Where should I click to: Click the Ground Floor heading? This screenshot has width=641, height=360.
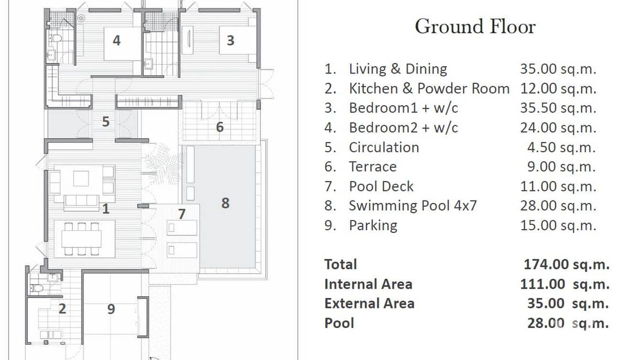coord(475,27)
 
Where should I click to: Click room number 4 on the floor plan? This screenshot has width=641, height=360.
coord(117,41)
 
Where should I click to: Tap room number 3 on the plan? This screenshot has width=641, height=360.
coord(230,41)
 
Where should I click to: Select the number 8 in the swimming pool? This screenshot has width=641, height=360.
coord(225,203)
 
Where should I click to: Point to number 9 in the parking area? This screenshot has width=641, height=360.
coord(111,309)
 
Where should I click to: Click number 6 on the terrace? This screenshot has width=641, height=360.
coord(220,127)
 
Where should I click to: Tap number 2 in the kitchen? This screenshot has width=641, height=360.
coord(63,309)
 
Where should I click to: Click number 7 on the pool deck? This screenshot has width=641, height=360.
coord(182,214)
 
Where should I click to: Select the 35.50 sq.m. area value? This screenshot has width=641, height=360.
coord(558,108)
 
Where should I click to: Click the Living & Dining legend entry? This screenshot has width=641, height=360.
coord(398,69)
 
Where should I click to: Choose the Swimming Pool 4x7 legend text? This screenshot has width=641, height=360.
coord(413,206)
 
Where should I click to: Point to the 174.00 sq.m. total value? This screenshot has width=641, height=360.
coord(566,264)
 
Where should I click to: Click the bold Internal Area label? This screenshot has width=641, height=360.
coord(368,284)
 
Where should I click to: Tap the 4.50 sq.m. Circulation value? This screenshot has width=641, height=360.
coord(561,147)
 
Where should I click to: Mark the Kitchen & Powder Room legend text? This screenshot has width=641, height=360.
coord(429,88)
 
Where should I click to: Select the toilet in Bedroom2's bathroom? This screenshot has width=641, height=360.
coord(56,38)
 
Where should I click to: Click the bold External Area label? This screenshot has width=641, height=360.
coord(369,304)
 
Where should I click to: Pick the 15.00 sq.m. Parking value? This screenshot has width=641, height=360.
coord(558,225)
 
